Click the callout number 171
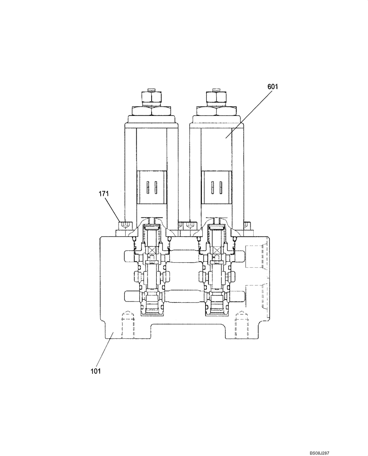(x=104, y=194)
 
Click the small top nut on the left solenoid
(x=151, y=97)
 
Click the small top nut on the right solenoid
(x=215, y=97)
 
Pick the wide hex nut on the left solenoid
(x=151, y=110)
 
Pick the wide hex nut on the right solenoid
(x=215, y=110)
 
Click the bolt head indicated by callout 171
(x=124, y=226)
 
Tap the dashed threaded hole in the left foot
(x=128, y=324)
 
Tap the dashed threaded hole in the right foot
(x=240, y=324)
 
